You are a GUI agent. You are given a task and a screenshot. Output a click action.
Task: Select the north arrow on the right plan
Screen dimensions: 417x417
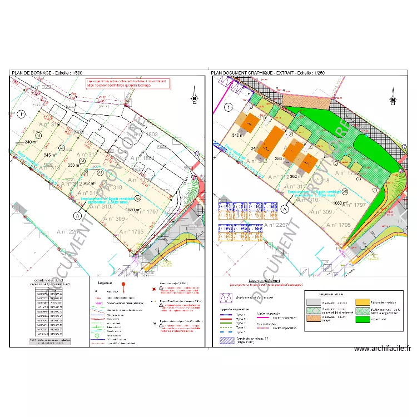[x=393, y=96]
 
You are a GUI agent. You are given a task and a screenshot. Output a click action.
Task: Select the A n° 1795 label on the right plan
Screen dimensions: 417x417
[x=339, y=225]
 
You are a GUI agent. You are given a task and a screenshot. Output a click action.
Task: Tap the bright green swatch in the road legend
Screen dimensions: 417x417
[x=363, y=320]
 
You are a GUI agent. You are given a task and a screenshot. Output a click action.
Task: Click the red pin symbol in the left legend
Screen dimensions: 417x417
[x=124, y=287]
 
